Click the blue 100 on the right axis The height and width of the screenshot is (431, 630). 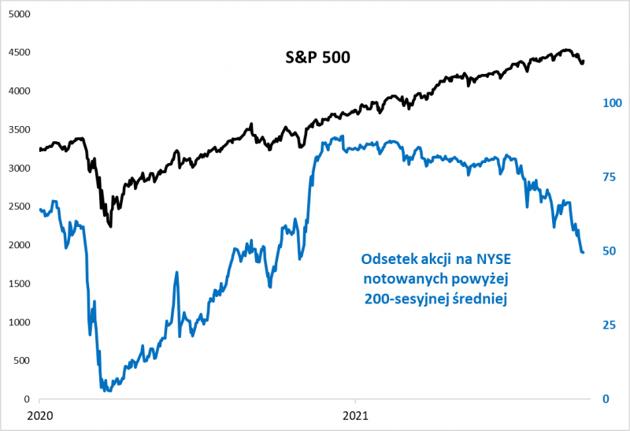click(x=612, y=103)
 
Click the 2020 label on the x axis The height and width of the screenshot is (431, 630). click(x=39, y=414)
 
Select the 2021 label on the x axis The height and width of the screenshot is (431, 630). click(x=356, y=414)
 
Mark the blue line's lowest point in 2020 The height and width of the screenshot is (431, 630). click(x=105, y=389)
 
